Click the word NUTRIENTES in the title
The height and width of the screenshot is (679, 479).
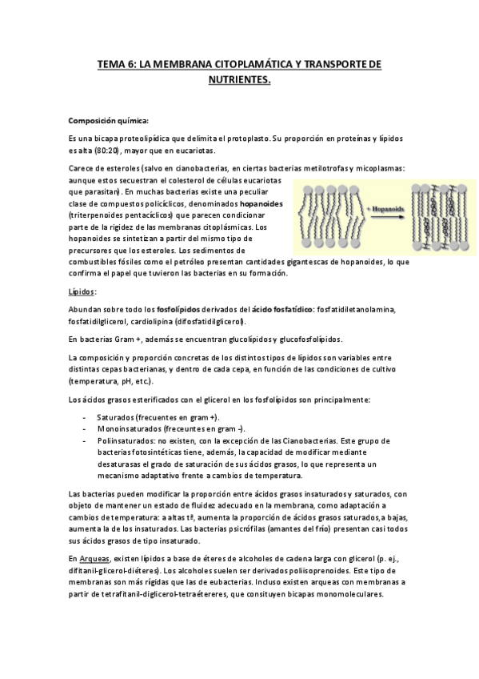[x=239, y=81]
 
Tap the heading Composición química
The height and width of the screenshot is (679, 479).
[x=109, y=121]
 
